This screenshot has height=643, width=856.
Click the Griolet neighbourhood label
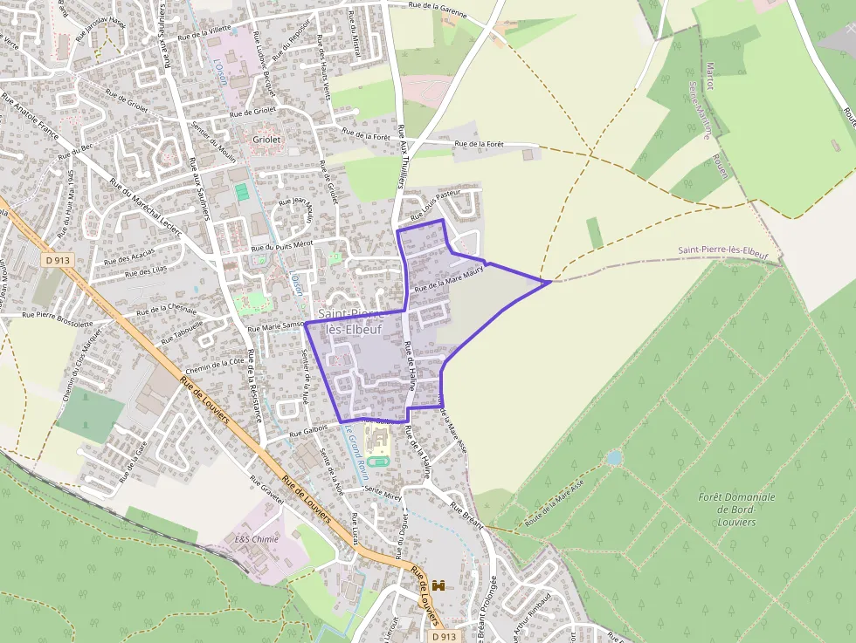click(x=267, y=139)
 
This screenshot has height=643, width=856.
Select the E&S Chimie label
click(x=257, y=539)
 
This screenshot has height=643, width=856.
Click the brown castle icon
click(x=438, y=585)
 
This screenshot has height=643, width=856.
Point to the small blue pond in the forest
click(x=614, y=457)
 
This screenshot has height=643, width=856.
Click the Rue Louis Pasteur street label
click(x=434, y=203)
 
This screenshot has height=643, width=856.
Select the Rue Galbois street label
click(x=309, y=429)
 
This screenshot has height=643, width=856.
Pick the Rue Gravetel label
click(x=266, y=494)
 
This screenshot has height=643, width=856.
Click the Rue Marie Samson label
click(x=276, y=326)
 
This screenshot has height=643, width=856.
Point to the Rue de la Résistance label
click(x=255, y=385)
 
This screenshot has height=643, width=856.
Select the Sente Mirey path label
click(x=383, y=493)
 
